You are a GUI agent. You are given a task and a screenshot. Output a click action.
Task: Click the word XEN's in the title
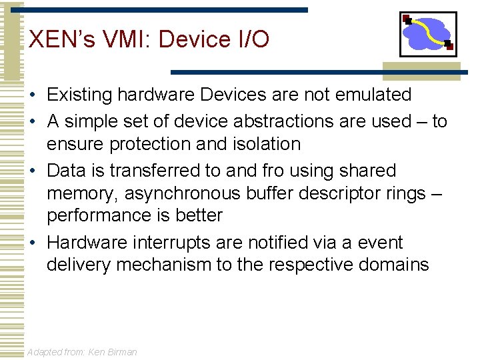tap(58, 39)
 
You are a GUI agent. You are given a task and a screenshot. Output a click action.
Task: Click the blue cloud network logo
tap(427, 34)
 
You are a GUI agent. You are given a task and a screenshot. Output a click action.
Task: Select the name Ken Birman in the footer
tap(112, 352)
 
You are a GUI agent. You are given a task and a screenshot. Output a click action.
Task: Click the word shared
tap(368, 171)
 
